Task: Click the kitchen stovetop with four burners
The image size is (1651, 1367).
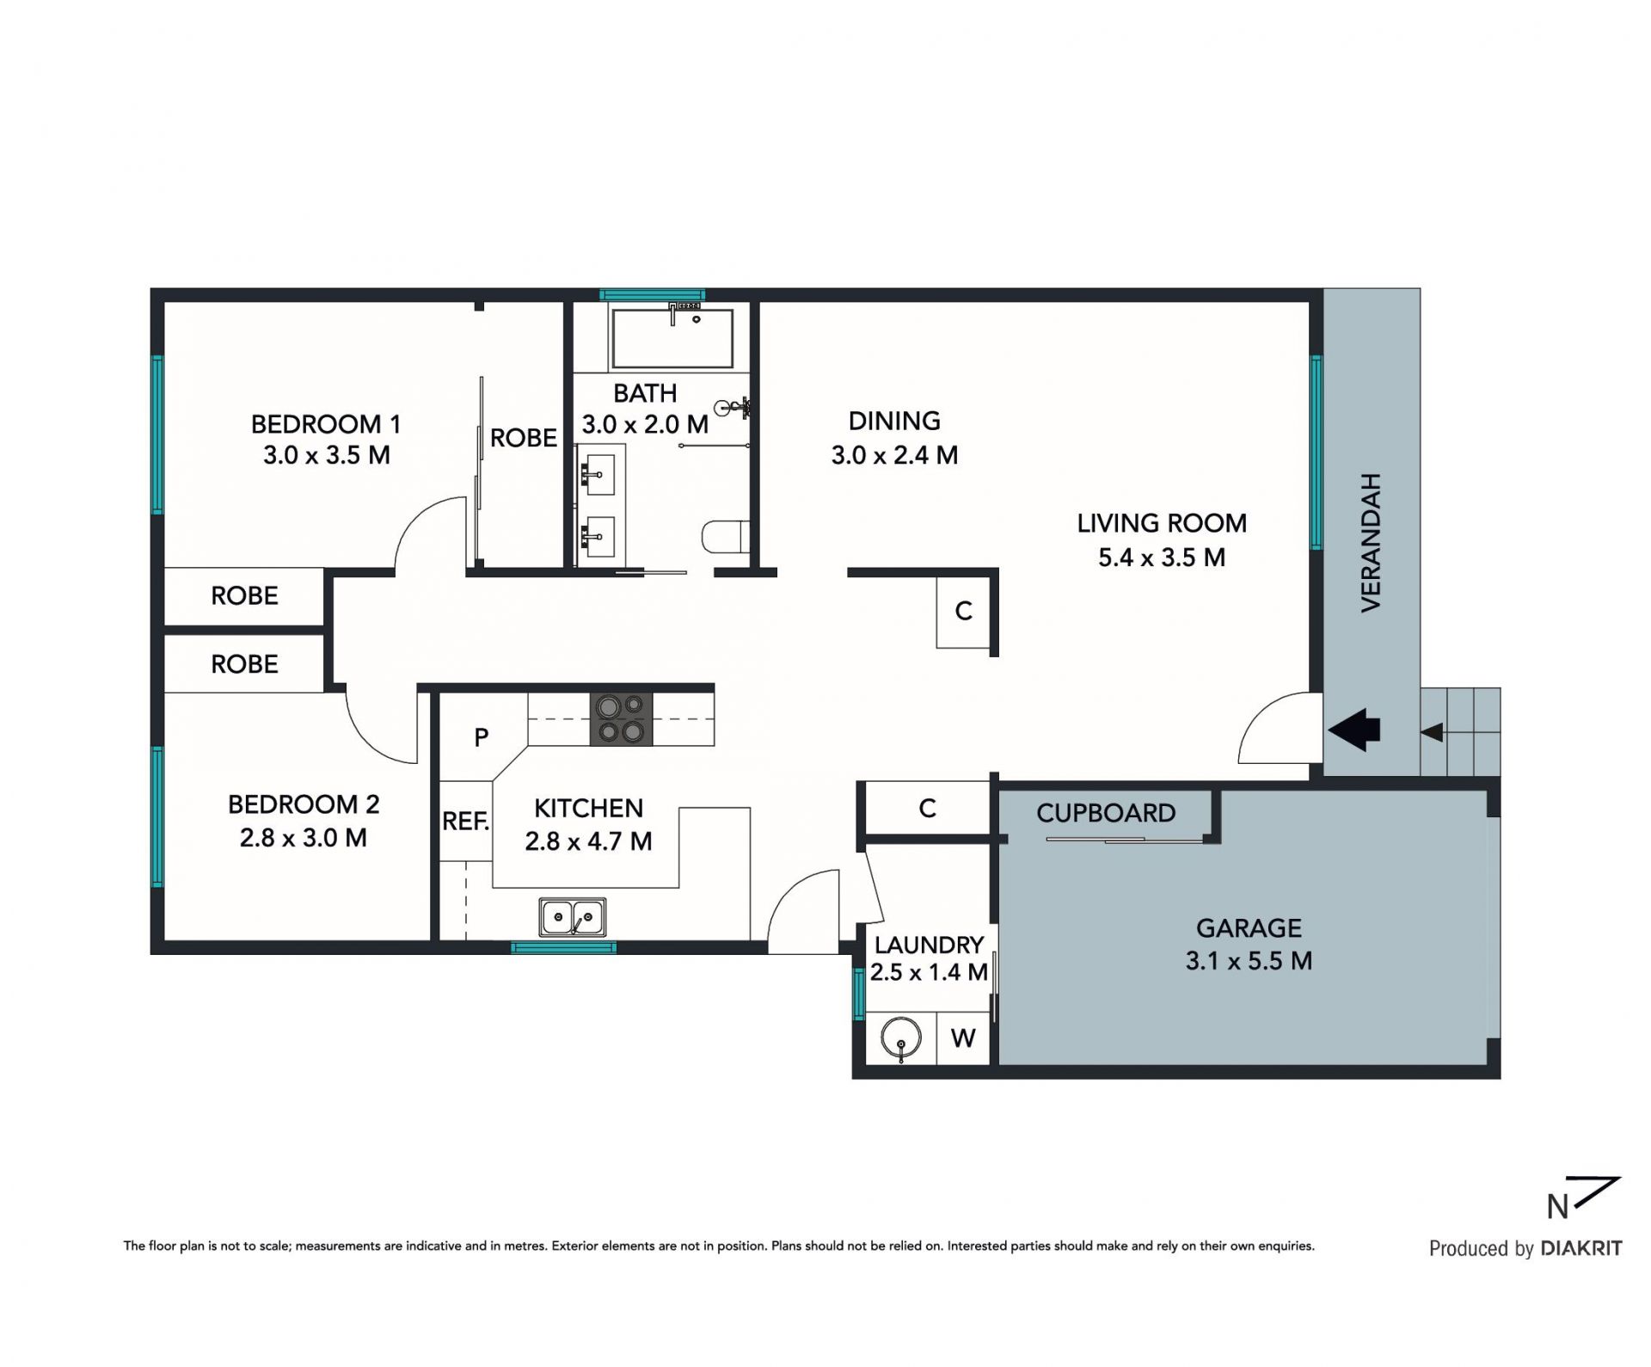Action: [x=621, y=718]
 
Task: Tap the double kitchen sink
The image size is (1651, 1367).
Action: [x=573, y=917]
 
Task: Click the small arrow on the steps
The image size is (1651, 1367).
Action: [x=1432, y=733]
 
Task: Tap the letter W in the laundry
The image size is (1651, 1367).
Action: [x=963, y=1038]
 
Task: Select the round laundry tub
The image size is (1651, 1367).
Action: [x=901, y=1038]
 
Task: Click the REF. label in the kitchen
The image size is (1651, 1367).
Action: [x=465, y=822]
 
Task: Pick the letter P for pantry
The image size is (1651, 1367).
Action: [x=482, y=737]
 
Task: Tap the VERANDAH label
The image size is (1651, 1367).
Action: [x=1371, y=543]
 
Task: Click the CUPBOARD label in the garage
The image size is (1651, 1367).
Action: [x=1106, y=813]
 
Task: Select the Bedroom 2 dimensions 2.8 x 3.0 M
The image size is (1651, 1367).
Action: [x=304, y=838]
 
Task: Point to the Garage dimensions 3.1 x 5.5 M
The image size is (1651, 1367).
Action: [x=1249, y=961]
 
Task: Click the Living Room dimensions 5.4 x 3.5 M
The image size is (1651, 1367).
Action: [x=1162, y=557]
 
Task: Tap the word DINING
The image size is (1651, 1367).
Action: [x=894, y=421]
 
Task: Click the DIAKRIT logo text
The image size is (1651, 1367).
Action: [x=1581, y=1248]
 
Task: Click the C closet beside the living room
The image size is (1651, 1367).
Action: [x=963, y=612]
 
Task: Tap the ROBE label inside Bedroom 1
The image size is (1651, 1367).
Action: [x=523, y=438]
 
